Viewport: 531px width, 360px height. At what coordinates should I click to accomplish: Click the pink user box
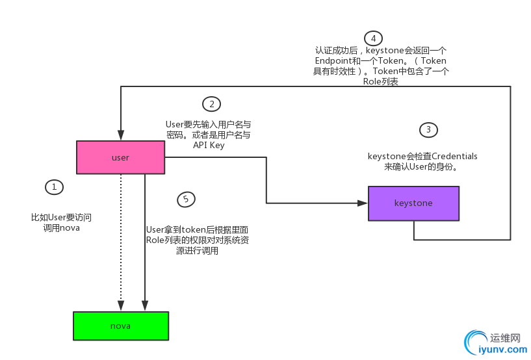pyautogui.click(x=120, y=157)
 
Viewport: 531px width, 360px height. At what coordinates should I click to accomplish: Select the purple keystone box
pyautogui.click(x=413, y=203)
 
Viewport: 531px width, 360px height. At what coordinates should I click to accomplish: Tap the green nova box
pyautogui.click(x=120, y=326)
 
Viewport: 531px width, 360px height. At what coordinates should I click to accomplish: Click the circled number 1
pyautogui.click(x=54, y=187)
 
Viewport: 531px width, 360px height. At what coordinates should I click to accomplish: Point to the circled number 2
pyautogui.click(x=211, y=104)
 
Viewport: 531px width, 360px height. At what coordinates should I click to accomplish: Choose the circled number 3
pyautogui.click(x=428, y=129)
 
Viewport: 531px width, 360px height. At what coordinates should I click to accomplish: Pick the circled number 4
pyautogui.click(x=373, y=38)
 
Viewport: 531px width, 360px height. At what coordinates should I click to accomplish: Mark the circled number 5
pyautogui.click(x=186, y=199)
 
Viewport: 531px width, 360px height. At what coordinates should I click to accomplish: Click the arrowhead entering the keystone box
pyautogui.click(x=363, y=203)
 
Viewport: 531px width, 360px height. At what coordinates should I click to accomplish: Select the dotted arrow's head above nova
pyautogui.click(x=120, y=306)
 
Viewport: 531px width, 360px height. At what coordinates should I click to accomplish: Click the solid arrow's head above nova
pyautogui.click(x=145, y=306)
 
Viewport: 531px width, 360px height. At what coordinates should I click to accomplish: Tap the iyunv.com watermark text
pyautogui.click(x=502, y=349)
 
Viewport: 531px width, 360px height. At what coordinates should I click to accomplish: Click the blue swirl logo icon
pyautogui.click(x=475, y=342)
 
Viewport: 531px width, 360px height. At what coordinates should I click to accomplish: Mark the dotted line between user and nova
pyautogui.click(x=120, y=240)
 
